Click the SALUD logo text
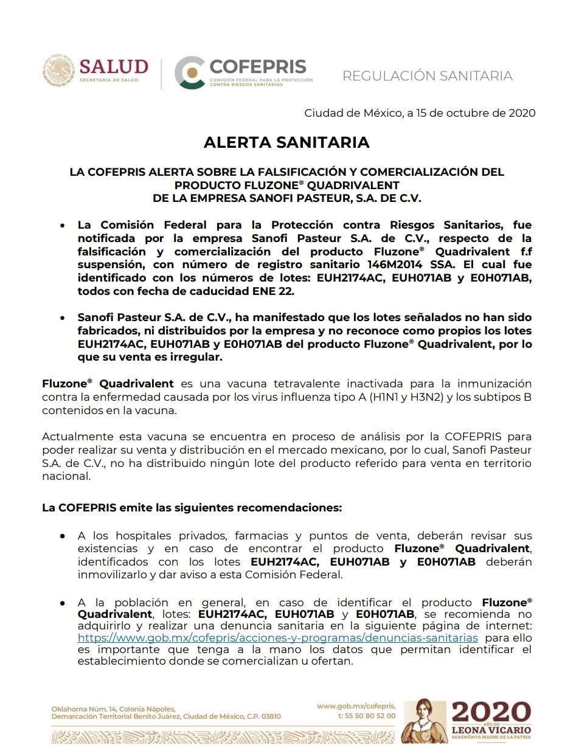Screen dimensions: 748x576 coord(114,66)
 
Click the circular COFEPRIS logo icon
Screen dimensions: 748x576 coord(189,72)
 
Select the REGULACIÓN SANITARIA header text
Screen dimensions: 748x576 coord(427,76)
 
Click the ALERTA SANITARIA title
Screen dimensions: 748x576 coord(286,142)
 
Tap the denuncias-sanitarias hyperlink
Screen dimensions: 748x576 coord(277,637)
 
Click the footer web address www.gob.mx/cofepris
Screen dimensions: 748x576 coord(356,705)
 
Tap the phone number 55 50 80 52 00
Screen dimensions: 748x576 coord(370,716)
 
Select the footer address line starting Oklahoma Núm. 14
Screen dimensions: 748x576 coord(113,709)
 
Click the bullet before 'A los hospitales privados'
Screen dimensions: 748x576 coord(63,536)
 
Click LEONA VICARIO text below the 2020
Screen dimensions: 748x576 coord(491,730)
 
